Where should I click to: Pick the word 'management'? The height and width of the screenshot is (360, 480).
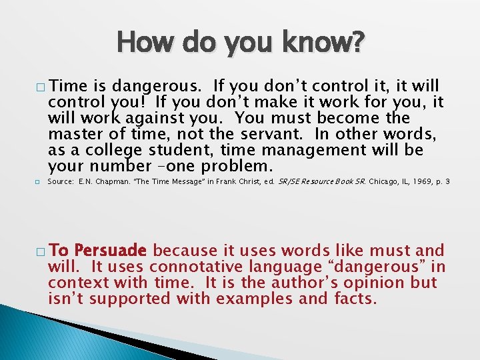tap(306, 150)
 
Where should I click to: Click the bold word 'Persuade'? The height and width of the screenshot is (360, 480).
tap(111, 251)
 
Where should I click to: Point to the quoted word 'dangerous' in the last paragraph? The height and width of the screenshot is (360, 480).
tap(377, 267)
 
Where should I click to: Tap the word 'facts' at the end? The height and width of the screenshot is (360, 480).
tap(355, 299)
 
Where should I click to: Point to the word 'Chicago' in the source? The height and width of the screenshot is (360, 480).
tap(382, 181)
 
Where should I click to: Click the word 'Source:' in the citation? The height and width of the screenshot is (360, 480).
tap(61, 181)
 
